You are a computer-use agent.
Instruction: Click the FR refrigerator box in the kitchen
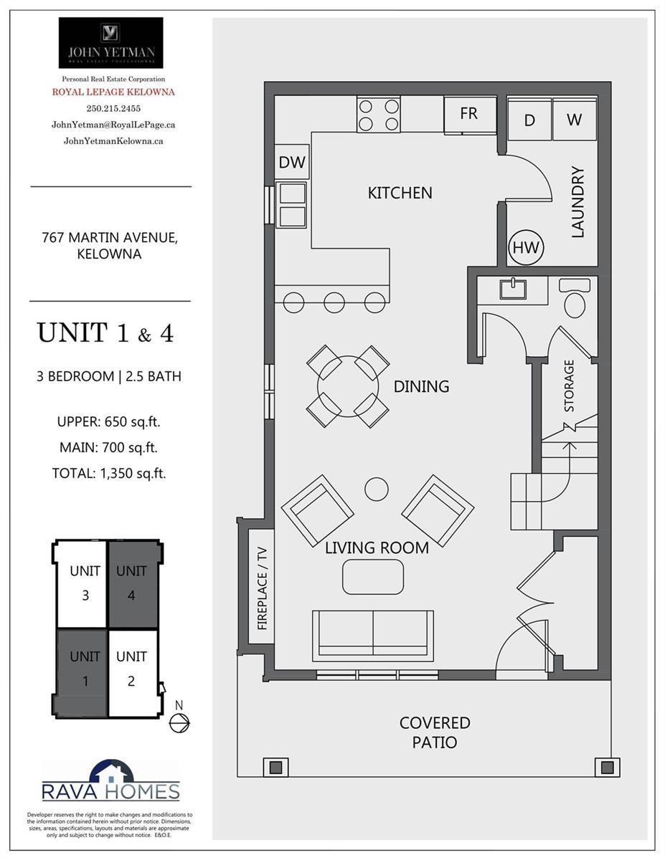click(470, 115)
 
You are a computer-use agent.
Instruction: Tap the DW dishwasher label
click(292, 162)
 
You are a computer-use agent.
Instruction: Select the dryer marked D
click(529, 120)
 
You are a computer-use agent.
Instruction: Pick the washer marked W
click(575, 120)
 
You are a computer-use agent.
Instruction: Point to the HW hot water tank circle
click(526, 247)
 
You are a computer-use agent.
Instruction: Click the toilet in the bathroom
click(575, 297)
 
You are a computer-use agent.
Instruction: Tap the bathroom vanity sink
click(513, 289)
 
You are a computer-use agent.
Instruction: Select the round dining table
click(348, 386)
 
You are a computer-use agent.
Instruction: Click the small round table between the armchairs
click(377, 489)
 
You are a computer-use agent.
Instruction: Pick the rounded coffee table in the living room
click(373, 577)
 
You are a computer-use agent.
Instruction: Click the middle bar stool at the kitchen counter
click(334, 302)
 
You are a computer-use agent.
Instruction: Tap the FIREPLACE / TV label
click(262, 588)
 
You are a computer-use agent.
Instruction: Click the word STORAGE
click(568, 386)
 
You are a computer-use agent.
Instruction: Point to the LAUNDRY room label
click(577, 202)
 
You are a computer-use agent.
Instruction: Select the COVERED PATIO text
click(435, 732)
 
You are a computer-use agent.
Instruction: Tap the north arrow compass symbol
click(179, 723)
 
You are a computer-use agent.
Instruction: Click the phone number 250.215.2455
click(113, 108)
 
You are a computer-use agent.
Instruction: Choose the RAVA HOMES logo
click(111, 780)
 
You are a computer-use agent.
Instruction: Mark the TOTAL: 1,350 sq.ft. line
click(109, 473)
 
